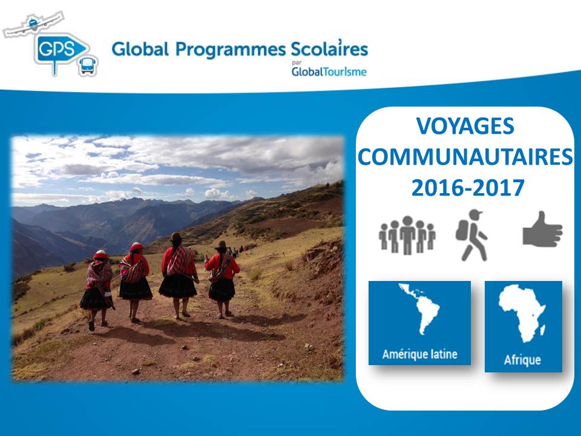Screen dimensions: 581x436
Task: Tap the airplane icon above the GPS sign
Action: (34, 24)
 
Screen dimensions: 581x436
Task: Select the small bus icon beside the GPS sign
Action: (88, 66)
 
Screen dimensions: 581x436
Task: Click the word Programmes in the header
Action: (231, 50)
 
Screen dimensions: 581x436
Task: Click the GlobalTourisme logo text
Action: (329, 71)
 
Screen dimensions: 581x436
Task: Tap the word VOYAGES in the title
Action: (465, 126)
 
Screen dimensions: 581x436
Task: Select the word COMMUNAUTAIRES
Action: (465, 157)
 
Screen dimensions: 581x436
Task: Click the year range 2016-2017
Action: (468, 188)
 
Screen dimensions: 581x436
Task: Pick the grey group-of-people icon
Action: (407, 235)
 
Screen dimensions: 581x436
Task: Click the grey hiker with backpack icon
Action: (471, 235)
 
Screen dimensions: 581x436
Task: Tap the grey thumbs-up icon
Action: (542, 230)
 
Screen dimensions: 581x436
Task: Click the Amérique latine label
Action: (420, 354)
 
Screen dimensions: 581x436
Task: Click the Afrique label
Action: (522, 360)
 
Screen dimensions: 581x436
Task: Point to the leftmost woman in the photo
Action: (97, 290)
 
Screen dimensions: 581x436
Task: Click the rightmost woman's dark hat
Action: (222, 245)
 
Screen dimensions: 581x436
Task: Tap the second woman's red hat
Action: (136, 246)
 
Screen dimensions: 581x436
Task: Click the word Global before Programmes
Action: (140, 49)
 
